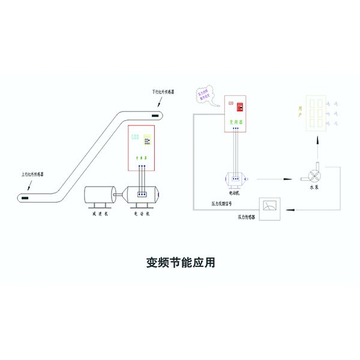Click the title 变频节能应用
tap(180, 262)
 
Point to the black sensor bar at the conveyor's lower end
tap(25, 196)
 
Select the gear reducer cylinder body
tap(98, 196)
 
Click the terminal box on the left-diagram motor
tap(142, 194)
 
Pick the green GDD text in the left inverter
tap(135, 137)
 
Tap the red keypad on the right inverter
tap(239, 107)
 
